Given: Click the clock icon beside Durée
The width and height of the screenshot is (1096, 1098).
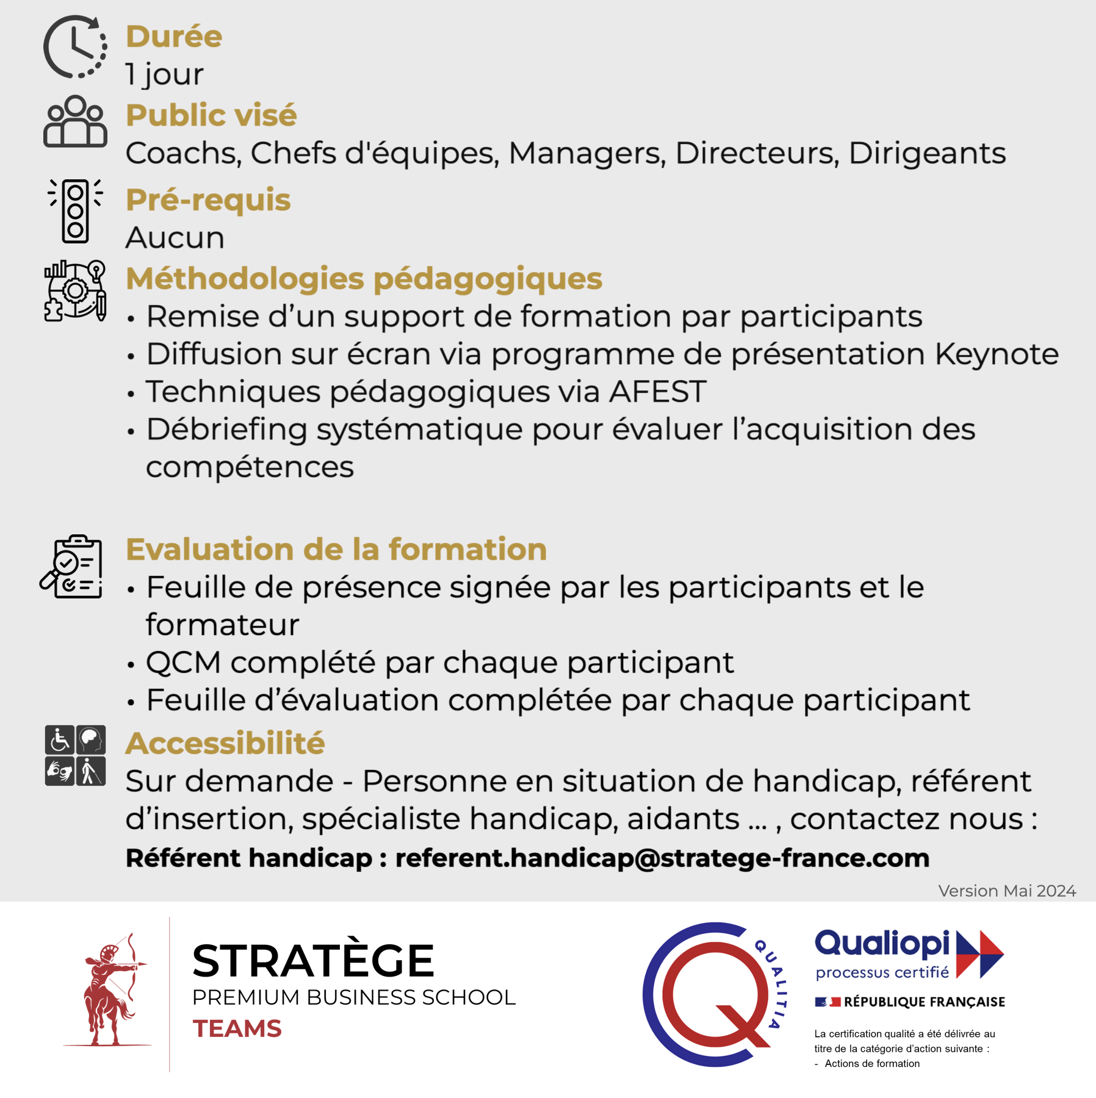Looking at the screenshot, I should pos(75,47).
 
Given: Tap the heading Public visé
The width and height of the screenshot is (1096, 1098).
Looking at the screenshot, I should pos(211,115).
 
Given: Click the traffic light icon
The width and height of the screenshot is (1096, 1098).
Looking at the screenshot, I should pos(76,211).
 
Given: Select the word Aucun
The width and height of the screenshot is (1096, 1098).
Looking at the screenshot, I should pos(175,237).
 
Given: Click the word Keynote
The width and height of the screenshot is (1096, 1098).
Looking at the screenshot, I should pos(997,354).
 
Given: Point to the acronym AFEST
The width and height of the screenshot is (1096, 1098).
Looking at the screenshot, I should pos(657,392).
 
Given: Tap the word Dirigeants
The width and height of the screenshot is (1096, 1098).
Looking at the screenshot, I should pos(927,153).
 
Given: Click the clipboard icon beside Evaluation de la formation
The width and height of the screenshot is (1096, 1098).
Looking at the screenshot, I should pos(72,566).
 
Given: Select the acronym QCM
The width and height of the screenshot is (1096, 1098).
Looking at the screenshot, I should pos(184,662).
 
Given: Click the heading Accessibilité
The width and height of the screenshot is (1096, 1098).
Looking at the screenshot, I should pos(225,743).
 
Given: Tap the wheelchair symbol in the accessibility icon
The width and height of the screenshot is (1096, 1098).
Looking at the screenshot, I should pos(60,740).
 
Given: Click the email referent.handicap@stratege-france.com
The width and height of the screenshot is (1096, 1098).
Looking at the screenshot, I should pos(662,858).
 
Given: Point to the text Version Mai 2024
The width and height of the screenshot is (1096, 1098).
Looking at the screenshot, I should pos(1007,891).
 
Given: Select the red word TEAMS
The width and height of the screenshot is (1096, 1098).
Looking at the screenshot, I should pos(237,1028).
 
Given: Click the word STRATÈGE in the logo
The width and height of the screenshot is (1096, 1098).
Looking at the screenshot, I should pos(313,961).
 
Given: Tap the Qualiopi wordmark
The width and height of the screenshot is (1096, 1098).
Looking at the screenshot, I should pos(882,943).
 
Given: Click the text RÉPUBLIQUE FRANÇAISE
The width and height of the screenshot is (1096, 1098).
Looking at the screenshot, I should pos(924,1002).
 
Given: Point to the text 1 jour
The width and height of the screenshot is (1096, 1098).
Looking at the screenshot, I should pos(165,74).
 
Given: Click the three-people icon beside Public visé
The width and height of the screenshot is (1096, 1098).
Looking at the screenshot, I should pos(75,121).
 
